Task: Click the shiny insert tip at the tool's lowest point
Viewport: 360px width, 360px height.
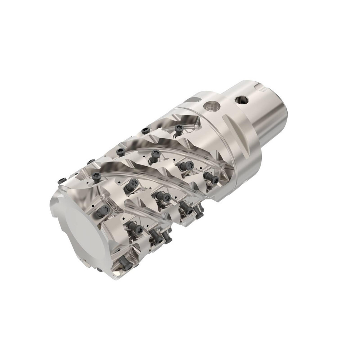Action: click(117, 268)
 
